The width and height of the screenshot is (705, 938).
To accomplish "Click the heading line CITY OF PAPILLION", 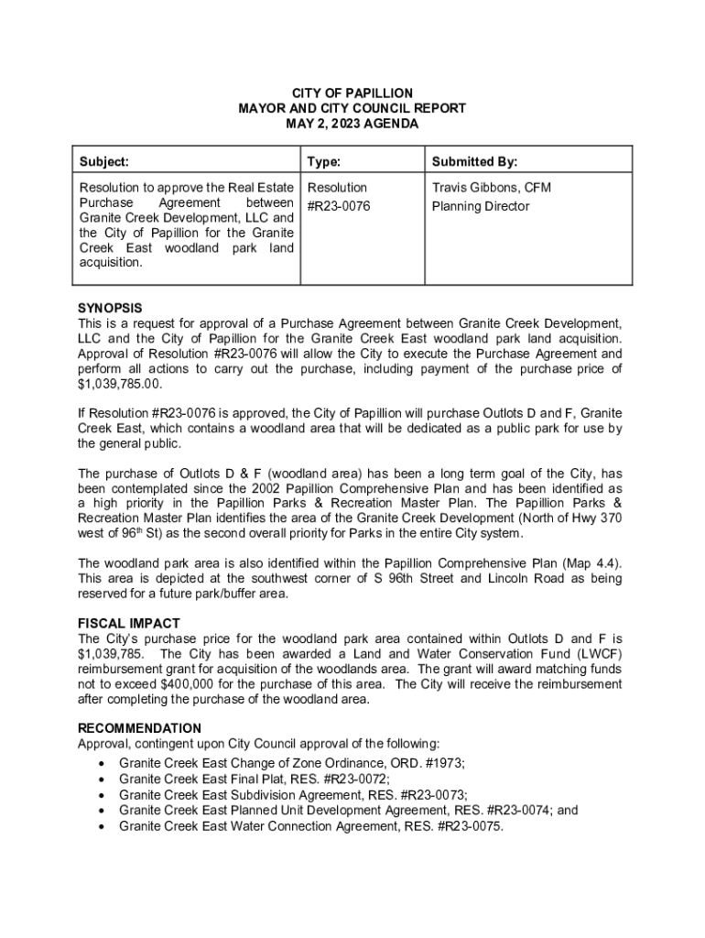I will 352,93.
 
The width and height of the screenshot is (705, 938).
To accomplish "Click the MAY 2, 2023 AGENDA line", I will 352,124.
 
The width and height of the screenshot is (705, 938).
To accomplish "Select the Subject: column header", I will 103,162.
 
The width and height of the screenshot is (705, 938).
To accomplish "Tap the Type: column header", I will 324,162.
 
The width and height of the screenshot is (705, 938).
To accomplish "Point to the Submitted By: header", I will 474,162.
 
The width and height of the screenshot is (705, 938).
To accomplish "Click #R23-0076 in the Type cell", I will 339,206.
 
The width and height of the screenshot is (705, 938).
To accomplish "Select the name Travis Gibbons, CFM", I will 492,188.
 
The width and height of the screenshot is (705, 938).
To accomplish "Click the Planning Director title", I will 481,206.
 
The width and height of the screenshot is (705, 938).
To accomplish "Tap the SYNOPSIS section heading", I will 110,308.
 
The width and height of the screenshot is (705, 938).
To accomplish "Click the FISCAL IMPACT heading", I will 128,623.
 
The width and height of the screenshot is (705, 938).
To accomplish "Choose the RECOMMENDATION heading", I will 140,728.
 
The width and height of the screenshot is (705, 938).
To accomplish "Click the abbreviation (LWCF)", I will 593,653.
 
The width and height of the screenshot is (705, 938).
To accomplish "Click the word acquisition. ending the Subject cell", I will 111,263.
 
